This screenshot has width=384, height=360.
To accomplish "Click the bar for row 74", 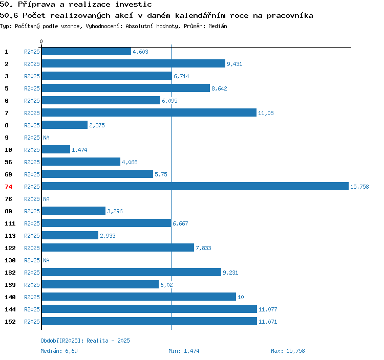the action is coord(195,186).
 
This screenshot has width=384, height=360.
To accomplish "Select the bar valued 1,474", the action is coord(56,149).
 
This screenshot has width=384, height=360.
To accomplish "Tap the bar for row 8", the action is coord(65,125).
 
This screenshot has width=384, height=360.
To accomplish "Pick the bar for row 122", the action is coord(118,247).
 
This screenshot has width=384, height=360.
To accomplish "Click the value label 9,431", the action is coord(234,64).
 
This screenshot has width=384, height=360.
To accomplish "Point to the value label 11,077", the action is coord(268,309).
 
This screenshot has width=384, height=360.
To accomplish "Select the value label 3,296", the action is coord(115,211).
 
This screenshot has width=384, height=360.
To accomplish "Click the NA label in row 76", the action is coord(46,199).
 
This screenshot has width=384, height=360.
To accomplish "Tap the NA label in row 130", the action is coord(46,260).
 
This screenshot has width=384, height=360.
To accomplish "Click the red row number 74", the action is coord(8,187).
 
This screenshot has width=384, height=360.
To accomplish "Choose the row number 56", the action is coord(8,162).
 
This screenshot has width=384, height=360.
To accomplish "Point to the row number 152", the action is coord(10,322).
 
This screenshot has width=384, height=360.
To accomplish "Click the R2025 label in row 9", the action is coord(32,138).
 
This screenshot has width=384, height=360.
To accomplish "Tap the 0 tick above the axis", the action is coord(41,41).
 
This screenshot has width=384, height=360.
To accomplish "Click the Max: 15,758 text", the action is coord(288,351).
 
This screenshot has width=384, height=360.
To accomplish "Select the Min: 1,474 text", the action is coord(184,351).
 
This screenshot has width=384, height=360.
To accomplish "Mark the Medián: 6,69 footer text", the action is coord(59,351).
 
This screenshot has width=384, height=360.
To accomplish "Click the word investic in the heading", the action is coord(134,4).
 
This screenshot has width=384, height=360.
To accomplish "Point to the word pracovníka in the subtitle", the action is coord(290,16).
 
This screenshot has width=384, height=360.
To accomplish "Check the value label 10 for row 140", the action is coord(241,297).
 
